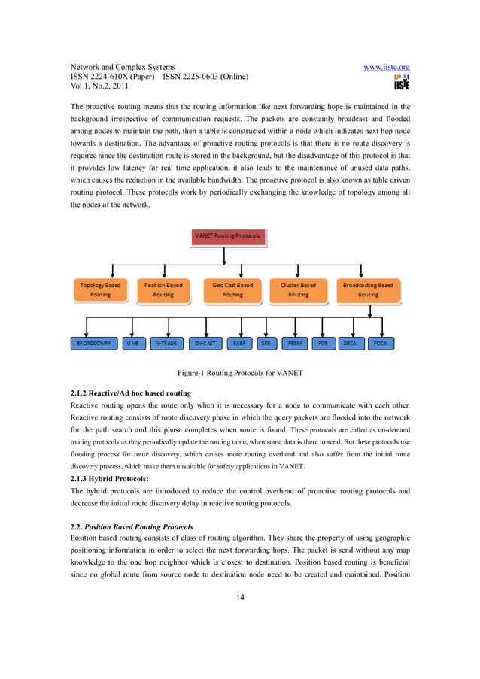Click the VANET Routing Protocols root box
click(x=226, y=235)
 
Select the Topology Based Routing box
click(x=100, y=290)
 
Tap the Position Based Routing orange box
click(x=163, y=290)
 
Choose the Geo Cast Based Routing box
click(x=232, y=290)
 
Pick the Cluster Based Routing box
click(x=298, y=290)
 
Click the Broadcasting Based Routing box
click(x=368, y=290)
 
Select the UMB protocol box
click(x=132, y=343)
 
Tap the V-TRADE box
click(x=166, y=343)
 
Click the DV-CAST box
click(x=205, y=343)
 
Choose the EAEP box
click(x=239, y=343)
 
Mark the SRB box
click(x=266, y=343)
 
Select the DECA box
click(x=350, y=343)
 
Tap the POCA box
click(x=380, y=343)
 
